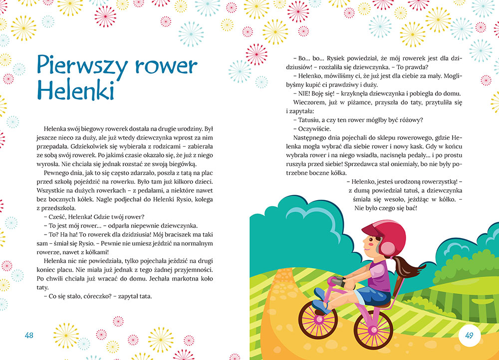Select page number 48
pos(28,335)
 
